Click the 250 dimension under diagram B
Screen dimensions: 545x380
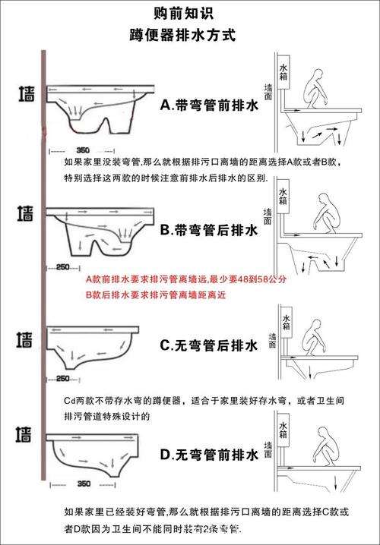63,266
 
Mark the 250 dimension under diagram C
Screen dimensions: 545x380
63,378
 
